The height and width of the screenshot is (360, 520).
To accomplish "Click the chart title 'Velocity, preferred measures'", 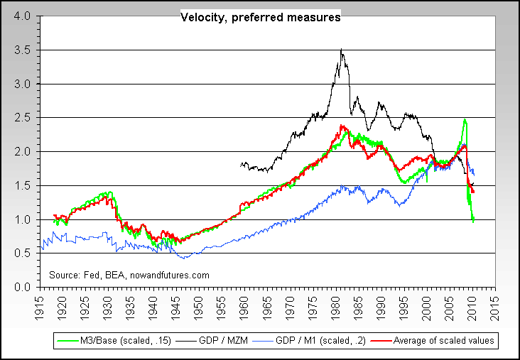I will [x=260, y=18].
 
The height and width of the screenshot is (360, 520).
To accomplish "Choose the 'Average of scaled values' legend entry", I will [x=440, y=342].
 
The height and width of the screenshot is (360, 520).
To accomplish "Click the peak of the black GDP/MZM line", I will [x=342, y=50].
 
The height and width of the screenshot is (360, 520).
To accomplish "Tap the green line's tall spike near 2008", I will [x=465, y=120].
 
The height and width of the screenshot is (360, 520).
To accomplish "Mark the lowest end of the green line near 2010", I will [x=473, y=222].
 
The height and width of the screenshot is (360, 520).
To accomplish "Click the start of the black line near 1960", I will [x=242, y=165].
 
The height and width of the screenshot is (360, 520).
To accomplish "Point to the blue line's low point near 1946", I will [x=183, y=258].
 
